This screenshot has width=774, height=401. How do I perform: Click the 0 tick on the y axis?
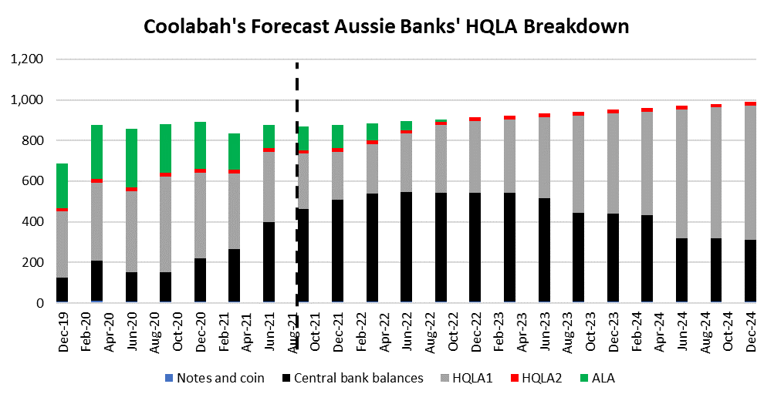click(x=39, y=303)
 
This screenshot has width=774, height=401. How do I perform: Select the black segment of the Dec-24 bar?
click(x=750, y=271)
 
